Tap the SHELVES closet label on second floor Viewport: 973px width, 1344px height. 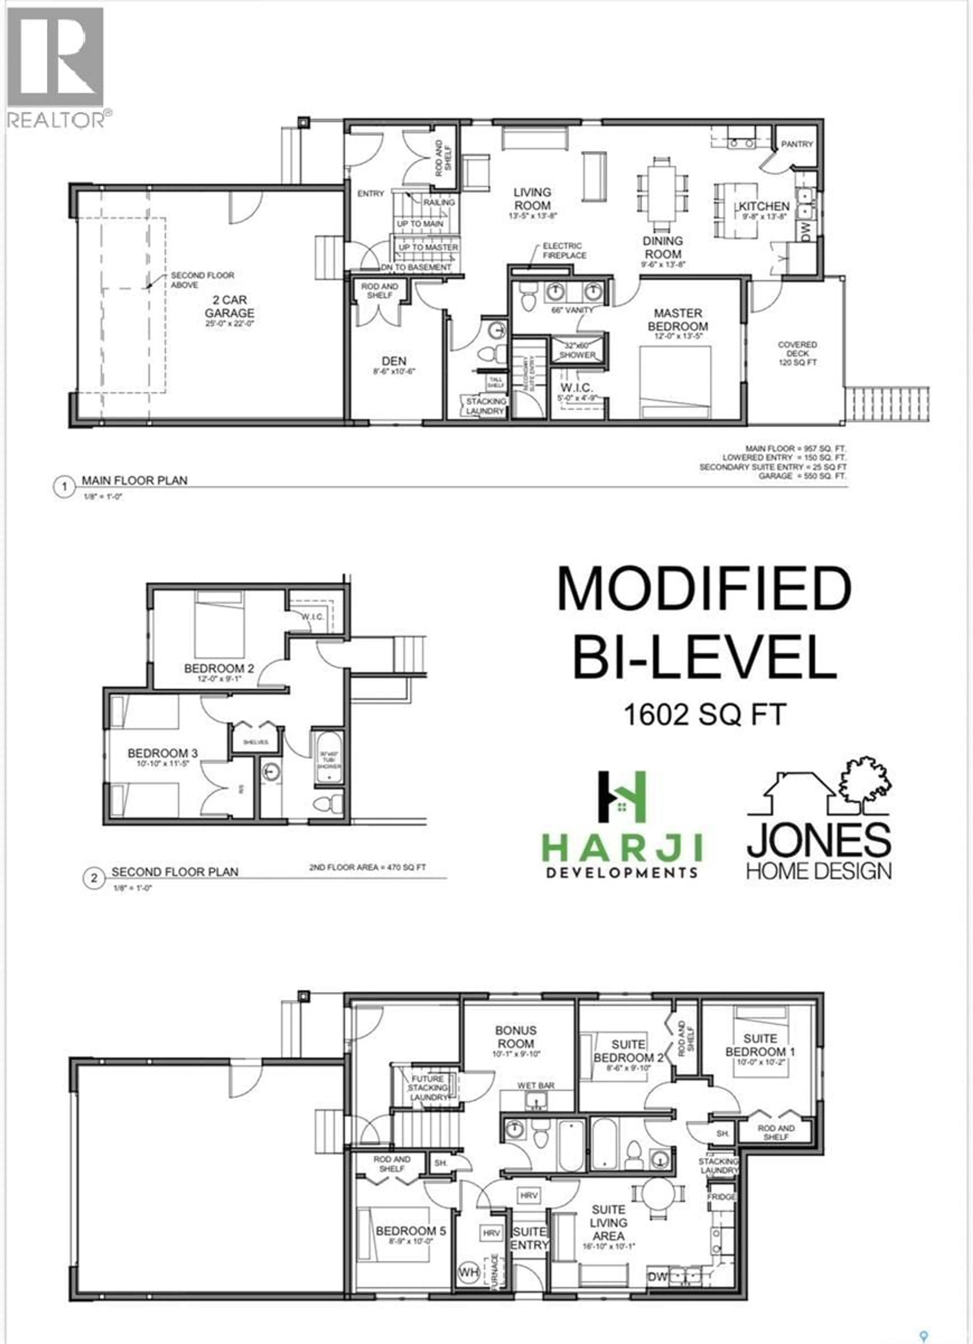(x=255, y=742)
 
